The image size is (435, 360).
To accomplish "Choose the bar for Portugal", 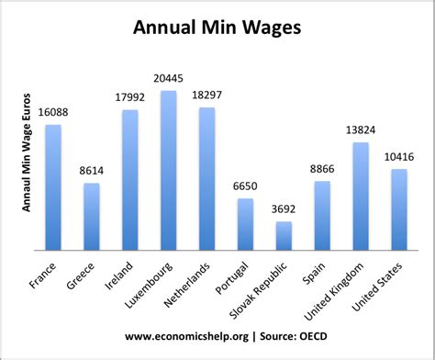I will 245,224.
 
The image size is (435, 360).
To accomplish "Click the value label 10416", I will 399,158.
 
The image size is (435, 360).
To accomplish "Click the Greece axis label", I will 81,275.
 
